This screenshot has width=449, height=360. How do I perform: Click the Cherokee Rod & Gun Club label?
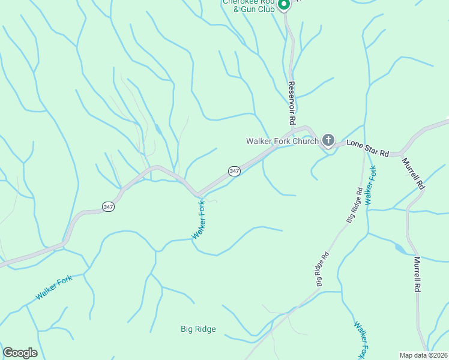click(249, 5)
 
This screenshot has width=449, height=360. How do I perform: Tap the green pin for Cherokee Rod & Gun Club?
click(283, 4)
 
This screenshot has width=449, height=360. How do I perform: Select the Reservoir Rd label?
click(292, 103)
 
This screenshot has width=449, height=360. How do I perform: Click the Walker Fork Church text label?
click(282, 142)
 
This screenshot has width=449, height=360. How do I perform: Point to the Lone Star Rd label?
click(367, 148)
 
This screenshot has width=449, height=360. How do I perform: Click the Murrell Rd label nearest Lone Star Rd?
click(414, 174)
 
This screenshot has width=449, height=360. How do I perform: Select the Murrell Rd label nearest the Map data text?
click(417, 274)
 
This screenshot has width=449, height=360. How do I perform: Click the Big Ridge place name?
click(198, 329)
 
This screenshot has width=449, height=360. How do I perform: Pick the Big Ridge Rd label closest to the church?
click(354, 206)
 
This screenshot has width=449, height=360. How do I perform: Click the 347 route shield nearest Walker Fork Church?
click(234, 171)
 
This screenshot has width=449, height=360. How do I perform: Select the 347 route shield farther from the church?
click(108, 206)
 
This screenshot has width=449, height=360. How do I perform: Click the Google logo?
click(20, 353)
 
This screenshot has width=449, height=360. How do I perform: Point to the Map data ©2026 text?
click(424, 355)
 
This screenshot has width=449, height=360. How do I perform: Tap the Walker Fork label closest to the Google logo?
click(55, 289)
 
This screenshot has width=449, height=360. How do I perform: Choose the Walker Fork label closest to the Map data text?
click(363, 340)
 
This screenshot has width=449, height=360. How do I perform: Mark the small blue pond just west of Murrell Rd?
click(399, 248)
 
